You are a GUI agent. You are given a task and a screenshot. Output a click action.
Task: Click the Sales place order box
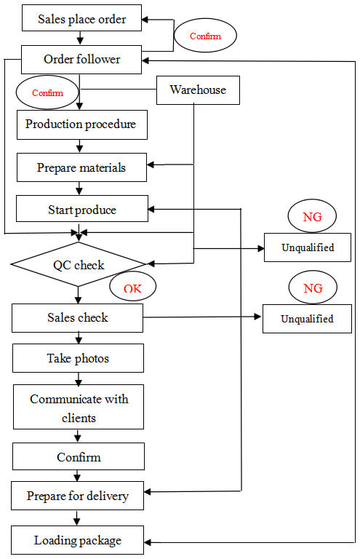[81, 17]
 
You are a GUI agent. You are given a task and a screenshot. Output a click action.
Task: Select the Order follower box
[81, 60]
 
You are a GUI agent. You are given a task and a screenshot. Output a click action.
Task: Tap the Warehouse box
[198, 90]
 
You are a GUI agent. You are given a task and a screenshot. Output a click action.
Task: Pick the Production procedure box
[82, 124]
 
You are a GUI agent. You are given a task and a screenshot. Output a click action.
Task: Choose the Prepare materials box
[81, 167]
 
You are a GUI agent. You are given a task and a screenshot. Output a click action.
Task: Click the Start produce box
[82, 209]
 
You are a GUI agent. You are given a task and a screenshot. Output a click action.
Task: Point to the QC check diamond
[79, 264]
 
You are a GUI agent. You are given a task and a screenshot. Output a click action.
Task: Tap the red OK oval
[132, 286]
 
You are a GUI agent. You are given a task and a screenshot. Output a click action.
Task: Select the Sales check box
[77, 318]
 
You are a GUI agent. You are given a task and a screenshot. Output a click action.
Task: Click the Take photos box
[78, 358]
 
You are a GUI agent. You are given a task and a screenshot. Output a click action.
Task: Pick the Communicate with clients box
[79, 407]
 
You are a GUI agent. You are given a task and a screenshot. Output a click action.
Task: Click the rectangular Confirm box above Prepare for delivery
[79, 456]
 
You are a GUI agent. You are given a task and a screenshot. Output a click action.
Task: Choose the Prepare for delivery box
[77, 496]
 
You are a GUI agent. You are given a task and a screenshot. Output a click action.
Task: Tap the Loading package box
[77, 540]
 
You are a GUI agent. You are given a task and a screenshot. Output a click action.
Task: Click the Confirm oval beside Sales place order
[205, 36]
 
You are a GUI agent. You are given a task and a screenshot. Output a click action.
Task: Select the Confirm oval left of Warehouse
[47, 92]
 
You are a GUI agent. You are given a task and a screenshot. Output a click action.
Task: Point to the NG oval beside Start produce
[312, 216]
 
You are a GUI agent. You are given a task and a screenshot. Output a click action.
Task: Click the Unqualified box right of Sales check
[307, 319]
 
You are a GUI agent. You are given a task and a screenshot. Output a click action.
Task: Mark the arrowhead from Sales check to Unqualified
[257, 317]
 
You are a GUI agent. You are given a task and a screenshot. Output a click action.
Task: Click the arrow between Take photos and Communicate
[79, 379]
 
